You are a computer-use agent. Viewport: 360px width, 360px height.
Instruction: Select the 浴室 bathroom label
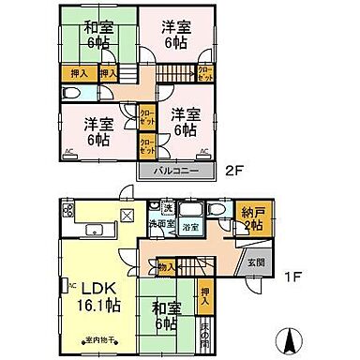pos(190,228)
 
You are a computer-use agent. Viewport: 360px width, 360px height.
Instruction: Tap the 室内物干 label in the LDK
pos(97,339)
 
